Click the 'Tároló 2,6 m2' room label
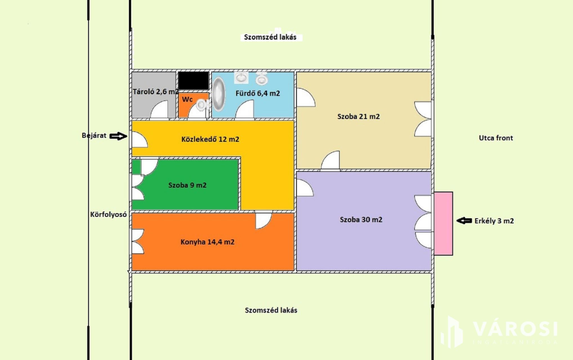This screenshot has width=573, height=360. click(x=155, y=92)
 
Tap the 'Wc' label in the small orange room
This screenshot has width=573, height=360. click(x=187, y=99)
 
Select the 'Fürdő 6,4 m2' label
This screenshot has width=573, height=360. click(x=258, y=93)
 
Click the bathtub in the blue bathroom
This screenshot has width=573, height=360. click(x=219, y=94)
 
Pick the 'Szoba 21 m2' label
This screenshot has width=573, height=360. click(x=358, y=116)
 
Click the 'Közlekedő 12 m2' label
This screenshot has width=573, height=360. click(x=210, y=139)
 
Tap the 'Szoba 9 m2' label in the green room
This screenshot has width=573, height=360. click(x=187, y=185)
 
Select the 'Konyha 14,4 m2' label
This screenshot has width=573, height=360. click(x=207, y=242)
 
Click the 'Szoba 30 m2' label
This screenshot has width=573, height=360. click(x=361, y=220)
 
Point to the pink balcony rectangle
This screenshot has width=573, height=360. click(x=443, y=224)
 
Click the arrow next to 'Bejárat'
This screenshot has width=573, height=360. click(x=118, y=136)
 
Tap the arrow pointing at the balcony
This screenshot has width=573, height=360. click(x=464, y=221)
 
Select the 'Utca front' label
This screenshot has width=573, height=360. click(x=496, y=138)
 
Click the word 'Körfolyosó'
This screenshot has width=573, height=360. click(x=108, y=215)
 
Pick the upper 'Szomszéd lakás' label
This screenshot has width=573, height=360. click(x=270, y=37)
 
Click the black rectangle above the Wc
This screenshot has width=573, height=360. click(x=194, y=81)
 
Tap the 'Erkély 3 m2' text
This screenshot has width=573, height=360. click(x=494, y=221)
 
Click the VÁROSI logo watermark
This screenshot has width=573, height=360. click(x=499, y=332)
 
